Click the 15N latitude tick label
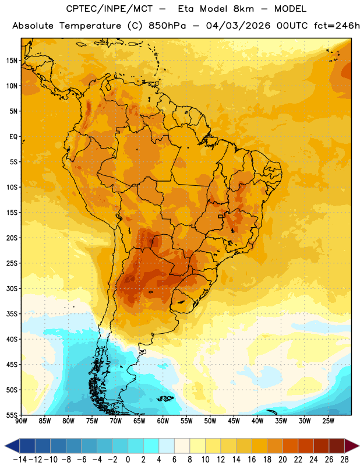click(12, 61)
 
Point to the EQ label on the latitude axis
click(13, 137)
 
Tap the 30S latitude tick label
click(12, 288)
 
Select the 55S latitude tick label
click(12, 415)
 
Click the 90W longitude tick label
click(21, 421)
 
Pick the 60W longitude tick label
click(163, 421)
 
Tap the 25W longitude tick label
click(328, 421)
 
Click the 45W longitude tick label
click(234, 421)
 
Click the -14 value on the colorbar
click(20, 460)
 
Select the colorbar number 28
click(344, 460)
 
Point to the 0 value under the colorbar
click(128, 460)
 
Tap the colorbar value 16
click(252, 460)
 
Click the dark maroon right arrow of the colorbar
click(352, 446)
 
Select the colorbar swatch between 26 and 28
click(337, 446)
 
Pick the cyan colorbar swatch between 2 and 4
click(151, 446)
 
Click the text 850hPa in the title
click(167, 26)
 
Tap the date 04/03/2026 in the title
click(238, 26)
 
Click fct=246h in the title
click(337, 26)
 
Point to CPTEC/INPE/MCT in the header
click(110, 9)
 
